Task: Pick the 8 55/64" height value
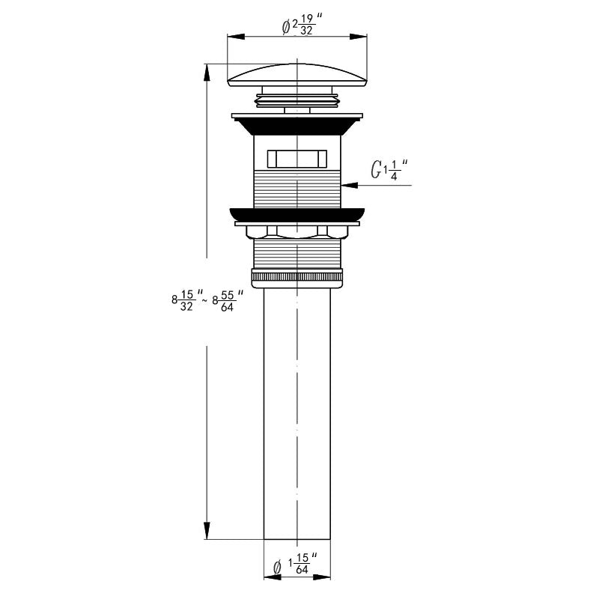[228, 300]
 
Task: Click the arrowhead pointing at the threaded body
[349, 185]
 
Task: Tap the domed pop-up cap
[297, 75]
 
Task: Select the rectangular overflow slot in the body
[297, 159]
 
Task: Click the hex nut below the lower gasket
[297, 232]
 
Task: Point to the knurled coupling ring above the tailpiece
[297, 278]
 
